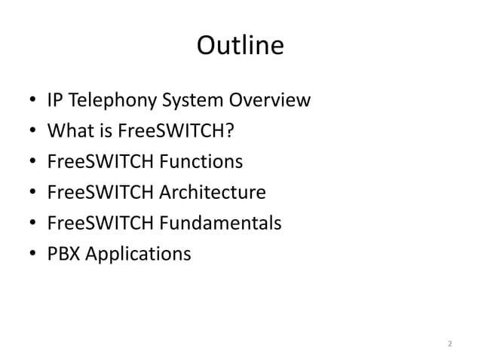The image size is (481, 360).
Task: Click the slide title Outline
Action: [240, 47]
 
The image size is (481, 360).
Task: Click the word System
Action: [196, 100]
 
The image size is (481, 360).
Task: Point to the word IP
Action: [55, 100]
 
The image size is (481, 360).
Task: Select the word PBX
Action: [63, 255]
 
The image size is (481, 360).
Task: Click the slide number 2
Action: [449, 344]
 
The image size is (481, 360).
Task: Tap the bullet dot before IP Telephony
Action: [32, 101]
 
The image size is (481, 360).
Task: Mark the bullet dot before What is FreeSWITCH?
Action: [32, 132]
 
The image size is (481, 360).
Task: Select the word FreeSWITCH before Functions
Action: [97, 162]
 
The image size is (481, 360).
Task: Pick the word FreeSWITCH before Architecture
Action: [97, 193]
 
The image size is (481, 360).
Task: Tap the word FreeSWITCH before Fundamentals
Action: [97, 224]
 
